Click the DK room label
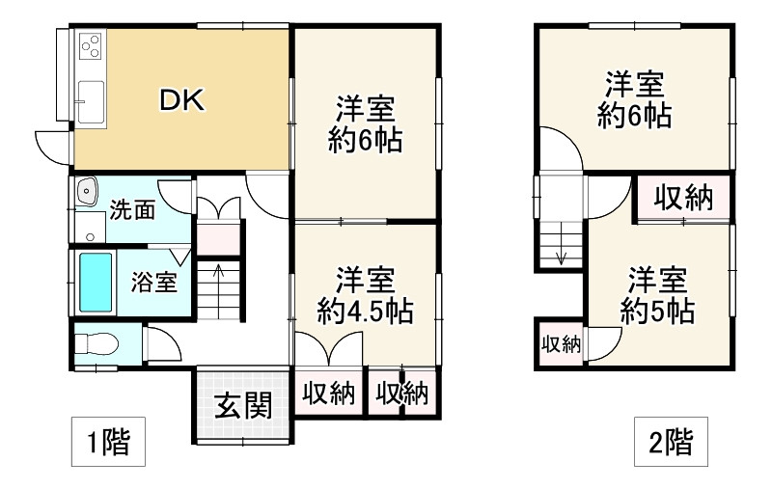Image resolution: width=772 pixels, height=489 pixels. [x=181, y=100]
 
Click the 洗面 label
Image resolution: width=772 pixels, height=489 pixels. [x=131, y=209]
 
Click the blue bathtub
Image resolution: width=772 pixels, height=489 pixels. [x=95, y=283]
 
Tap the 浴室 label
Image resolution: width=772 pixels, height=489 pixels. [x=154, y=283]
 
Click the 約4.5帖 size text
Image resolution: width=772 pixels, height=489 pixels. [x=366, y=311]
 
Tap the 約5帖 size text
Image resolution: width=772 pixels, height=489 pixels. [x=658, y=312]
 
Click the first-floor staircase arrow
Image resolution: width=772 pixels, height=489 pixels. [x=219, y=275]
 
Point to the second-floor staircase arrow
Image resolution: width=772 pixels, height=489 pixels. [x=561, y=253]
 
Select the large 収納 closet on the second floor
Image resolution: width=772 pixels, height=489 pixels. [x=683, y=199]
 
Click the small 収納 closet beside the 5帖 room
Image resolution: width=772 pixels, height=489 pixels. [x=560, y=343]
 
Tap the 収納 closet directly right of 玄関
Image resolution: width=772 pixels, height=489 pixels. [x=330, y=394]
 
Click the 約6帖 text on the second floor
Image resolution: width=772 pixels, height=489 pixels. [x=634, y=116]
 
